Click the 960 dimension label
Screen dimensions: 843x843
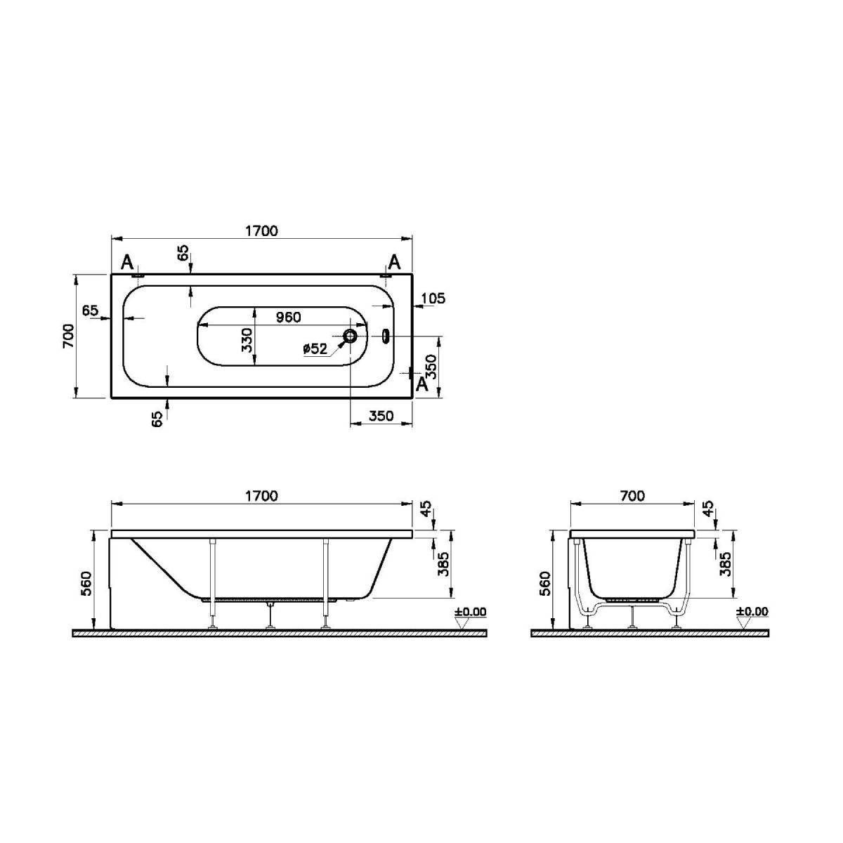288,317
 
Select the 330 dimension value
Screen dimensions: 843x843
247,339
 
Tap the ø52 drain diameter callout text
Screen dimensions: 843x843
315,348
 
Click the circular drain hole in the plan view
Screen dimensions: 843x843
351,336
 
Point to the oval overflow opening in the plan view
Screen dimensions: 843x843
386,336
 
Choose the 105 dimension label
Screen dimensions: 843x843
433,299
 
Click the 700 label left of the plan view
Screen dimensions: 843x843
69,336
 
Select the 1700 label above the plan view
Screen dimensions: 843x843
261,230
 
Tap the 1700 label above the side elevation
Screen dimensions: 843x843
261,496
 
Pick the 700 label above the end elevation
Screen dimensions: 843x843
632,496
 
